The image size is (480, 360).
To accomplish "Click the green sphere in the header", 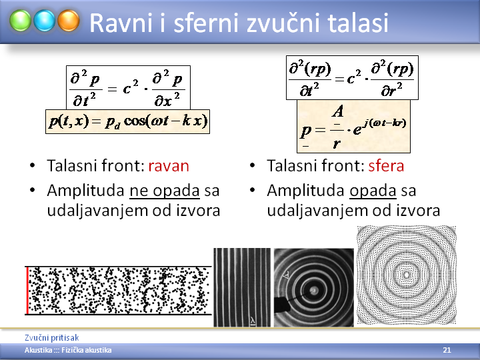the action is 20,21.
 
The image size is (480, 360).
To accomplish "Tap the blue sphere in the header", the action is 45,21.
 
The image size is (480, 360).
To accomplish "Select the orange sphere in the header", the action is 69,21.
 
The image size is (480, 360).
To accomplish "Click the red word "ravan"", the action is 169,166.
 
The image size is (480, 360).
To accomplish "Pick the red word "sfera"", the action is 386,165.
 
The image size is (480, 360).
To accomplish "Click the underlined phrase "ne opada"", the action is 165,191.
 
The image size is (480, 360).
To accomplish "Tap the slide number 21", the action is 447,350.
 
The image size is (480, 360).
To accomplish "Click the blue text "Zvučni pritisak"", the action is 52,337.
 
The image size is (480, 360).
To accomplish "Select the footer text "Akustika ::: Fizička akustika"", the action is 68,350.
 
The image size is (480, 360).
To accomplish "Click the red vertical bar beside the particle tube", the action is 27,290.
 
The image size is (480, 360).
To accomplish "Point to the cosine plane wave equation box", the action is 127,121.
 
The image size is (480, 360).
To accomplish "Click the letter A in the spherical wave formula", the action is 337,111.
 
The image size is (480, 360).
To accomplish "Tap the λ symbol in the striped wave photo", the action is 253,321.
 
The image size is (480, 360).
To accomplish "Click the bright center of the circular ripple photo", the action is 314,290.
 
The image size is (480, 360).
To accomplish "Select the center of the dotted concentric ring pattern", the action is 407,275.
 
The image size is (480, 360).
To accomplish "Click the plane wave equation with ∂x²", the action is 128,87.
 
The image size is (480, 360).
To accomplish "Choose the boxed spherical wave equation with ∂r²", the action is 352,78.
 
